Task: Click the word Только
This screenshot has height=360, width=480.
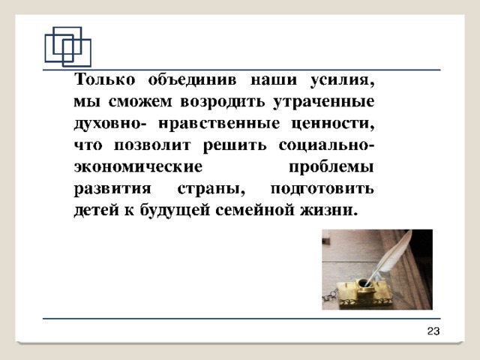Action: pyautogui.click(x=105, y=79)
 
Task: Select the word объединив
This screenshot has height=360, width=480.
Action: pyautogui.click(x=192, y=80)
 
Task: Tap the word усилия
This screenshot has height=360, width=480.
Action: pyautogui.click(x=342, y=80)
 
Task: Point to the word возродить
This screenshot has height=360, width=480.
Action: pyautogui.click(x=223, y=102)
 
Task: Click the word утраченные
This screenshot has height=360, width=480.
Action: pyautogui.click(x=324, y=102)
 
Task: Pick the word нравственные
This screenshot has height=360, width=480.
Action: pyautogui.click(x=219, y=124)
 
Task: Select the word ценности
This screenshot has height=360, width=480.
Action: pyautogui.click(x=333, y=124)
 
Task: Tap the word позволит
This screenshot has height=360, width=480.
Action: pyautogui.click(x=152, y=145)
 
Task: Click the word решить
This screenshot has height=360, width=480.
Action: pyautogui.click(x=235, y=145)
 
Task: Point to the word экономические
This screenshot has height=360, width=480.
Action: pyautogui.click(x=138, y=166)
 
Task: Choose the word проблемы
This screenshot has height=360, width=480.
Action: pyautogui.click(x=331, y=167)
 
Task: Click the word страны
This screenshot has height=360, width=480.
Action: pyautogui.click(x=211, y=189)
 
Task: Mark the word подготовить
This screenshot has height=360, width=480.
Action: pyautogui.click(x=322, y=189)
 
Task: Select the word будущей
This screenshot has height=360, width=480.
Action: pyautogui.click(x=175, y=210)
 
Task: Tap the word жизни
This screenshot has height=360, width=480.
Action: pyautogui.click(x=329, y=210)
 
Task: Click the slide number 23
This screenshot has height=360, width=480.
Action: pyautogui.click(x=433, y=331)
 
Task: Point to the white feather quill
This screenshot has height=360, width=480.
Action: pyautogui.click(x=390, y=258)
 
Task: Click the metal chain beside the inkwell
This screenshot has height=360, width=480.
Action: pyautogui.click(x=328, y=295)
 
